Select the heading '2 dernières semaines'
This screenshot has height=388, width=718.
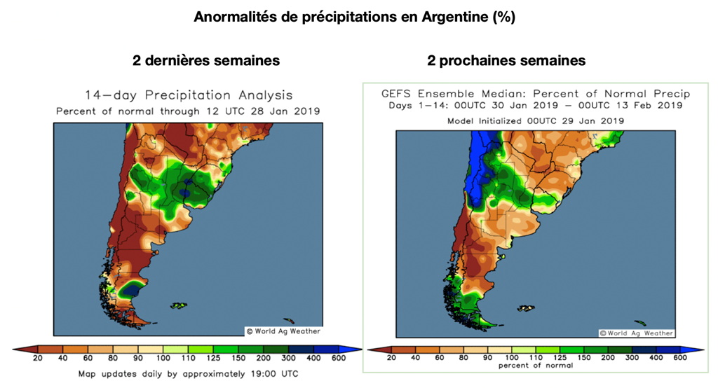coord(206,60)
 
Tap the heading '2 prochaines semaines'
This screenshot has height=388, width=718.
coord(506,60)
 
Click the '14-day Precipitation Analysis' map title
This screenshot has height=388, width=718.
coord(189,95)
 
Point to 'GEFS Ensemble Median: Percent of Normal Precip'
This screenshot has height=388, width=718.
coord(536,94)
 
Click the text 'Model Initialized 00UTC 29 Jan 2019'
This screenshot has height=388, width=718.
coord(536,120)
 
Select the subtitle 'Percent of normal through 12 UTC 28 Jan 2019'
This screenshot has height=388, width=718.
coord(188,111)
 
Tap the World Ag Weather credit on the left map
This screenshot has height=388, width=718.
coord(283,331)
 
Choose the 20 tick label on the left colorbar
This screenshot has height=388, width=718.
coord(39,359)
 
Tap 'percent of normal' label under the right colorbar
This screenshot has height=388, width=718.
coord(536,366)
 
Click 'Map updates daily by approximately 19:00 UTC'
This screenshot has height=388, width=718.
coord(188,374)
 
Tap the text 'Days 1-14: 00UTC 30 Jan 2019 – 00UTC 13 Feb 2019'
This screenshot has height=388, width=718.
coord(536,106)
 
